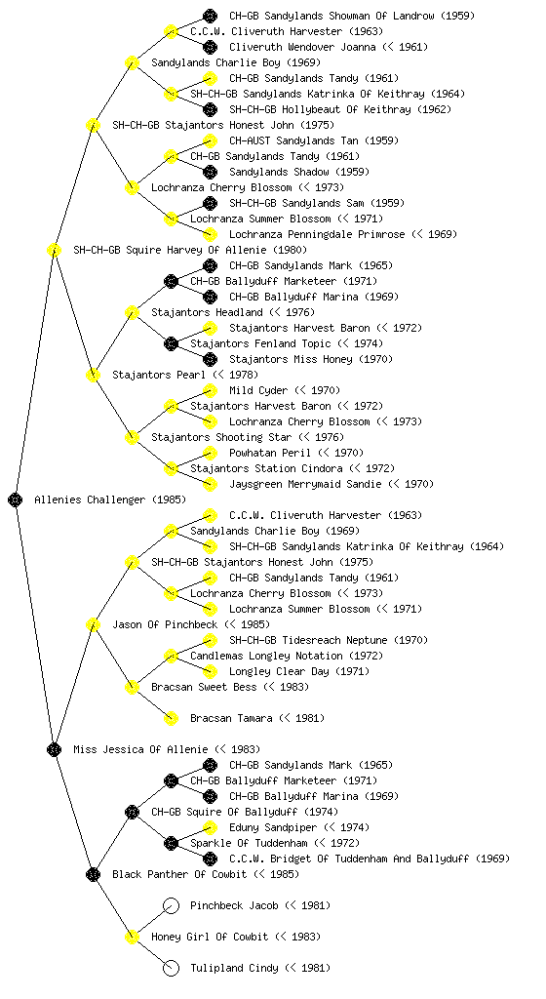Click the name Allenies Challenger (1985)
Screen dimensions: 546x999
(x=110, y=500)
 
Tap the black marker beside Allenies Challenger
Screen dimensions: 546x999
(x=16, y=500)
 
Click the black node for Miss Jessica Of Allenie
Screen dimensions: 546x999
(x=54, y=750)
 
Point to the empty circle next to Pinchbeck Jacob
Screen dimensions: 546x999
(x=171, y=906)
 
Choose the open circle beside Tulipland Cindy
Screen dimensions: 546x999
(x=171, y=969)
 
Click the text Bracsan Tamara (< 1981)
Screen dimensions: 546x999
(x=257, y=719)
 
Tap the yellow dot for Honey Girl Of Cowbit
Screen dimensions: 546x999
(x=132, y=938)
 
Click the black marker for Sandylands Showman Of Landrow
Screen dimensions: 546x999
(x=210, y=16)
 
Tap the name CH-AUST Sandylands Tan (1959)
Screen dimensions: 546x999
(x=302, y=140)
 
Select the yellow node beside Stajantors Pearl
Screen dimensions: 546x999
(x=93, y=376)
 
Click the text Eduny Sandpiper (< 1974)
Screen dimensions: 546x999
(x=299, y=827)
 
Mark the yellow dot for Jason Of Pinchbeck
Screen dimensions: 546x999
(x=93, y=625)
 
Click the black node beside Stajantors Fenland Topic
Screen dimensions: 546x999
(x=171, y=344)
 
